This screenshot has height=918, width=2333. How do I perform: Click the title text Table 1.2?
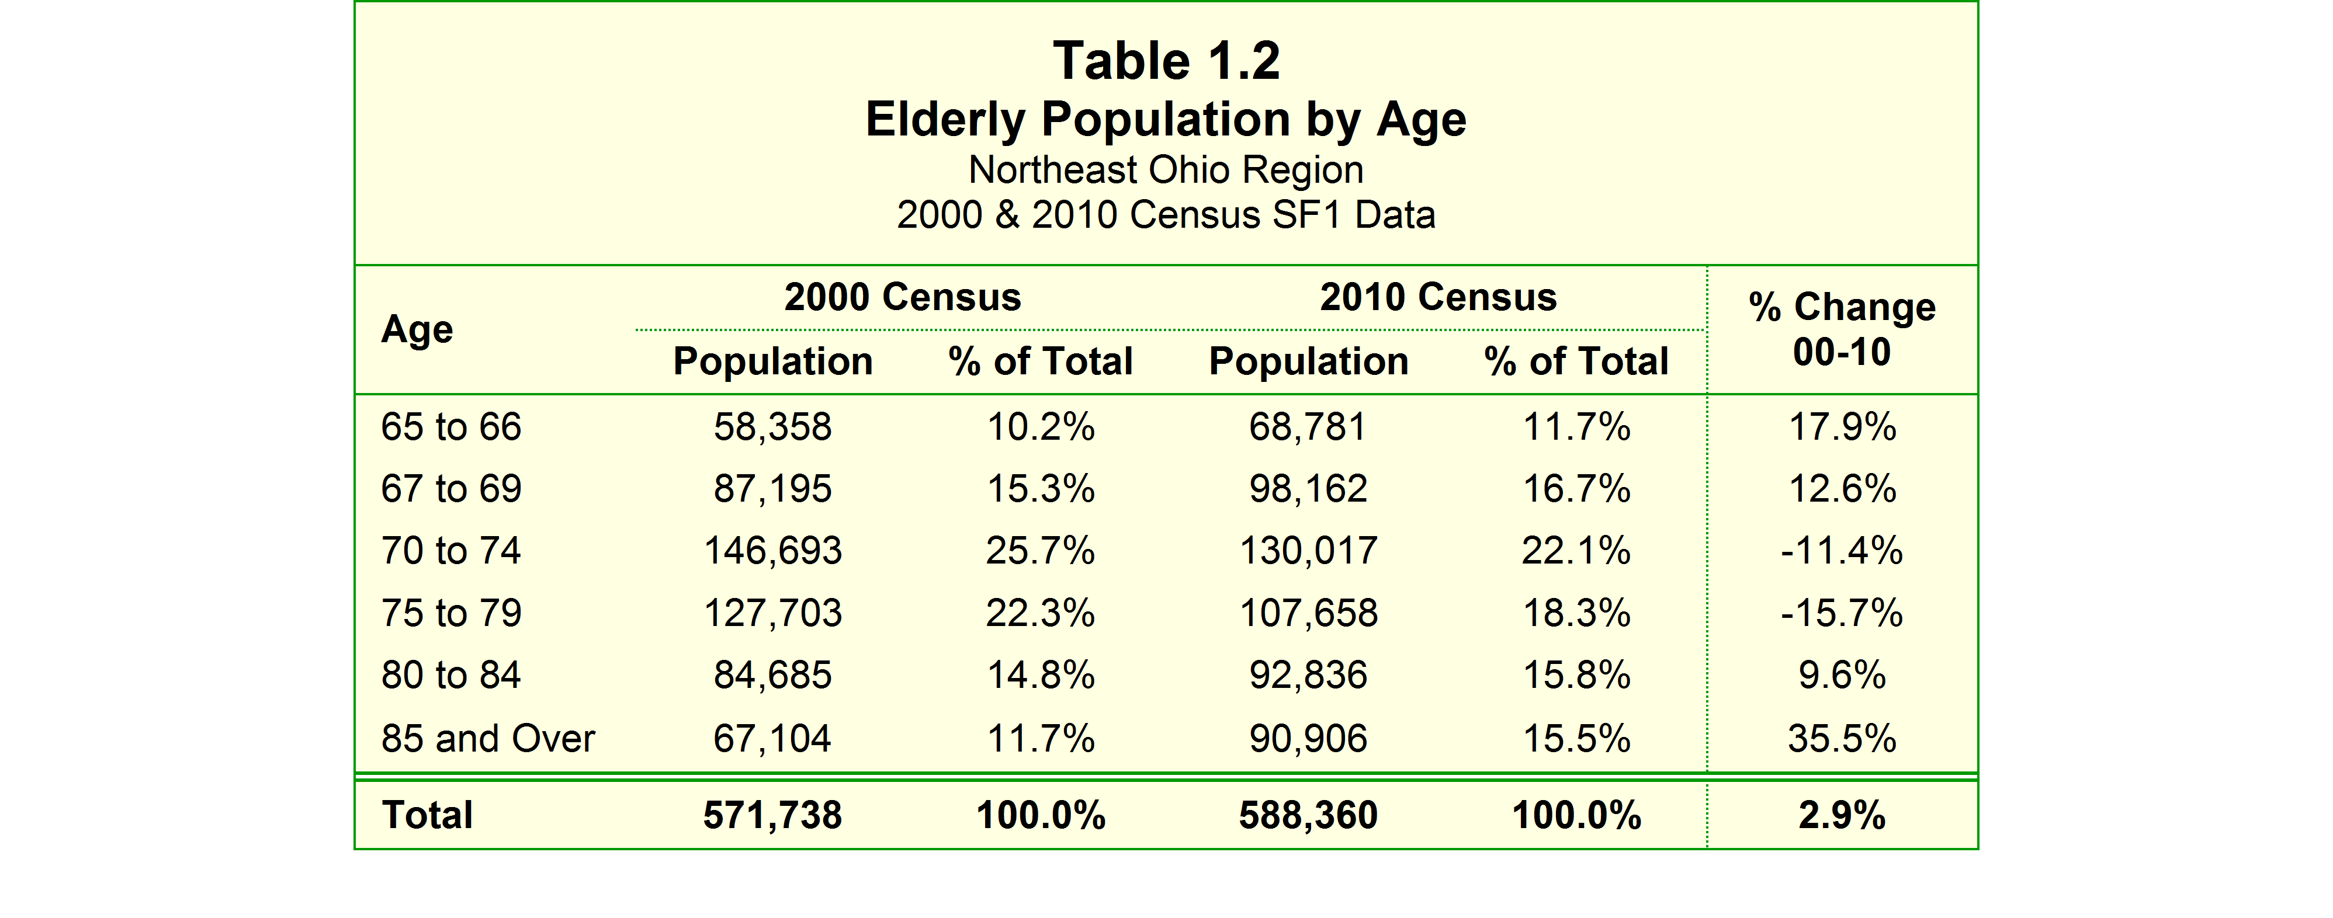click(x=1166, y=61)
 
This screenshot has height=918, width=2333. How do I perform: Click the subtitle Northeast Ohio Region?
click(x=1166, y=170)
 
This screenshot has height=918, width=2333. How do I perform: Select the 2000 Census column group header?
click(x=903, y=297)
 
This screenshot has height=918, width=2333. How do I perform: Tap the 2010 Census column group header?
click(x=1438, y=297)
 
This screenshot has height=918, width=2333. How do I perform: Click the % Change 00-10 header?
click(x=1842, y=329)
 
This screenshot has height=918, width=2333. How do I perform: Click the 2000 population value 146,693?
click(x=772, y=551)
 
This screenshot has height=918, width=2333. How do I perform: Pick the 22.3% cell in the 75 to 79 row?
click(x=1041, y=614)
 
